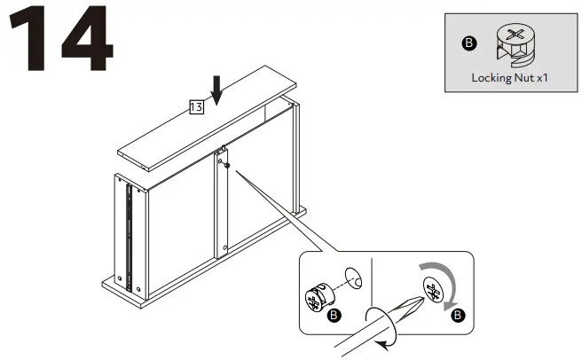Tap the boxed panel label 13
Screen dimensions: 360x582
(x=197, y=107)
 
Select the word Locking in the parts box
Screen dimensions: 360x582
(x=491, y=78)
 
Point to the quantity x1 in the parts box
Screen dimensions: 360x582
(x=542, y=78)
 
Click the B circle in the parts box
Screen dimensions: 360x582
(x=469, y=42)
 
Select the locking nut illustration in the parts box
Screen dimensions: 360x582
(x=511, y=43)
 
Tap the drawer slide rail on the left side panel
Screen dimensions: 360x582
(x=130, y=236)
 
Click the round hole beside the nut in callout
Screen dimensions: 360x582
(x=350, y=278)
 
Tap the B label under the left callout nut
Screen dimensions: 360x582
(x=334, y=315)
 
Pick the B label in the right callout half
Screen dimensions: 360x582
(x=457, y=315)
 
